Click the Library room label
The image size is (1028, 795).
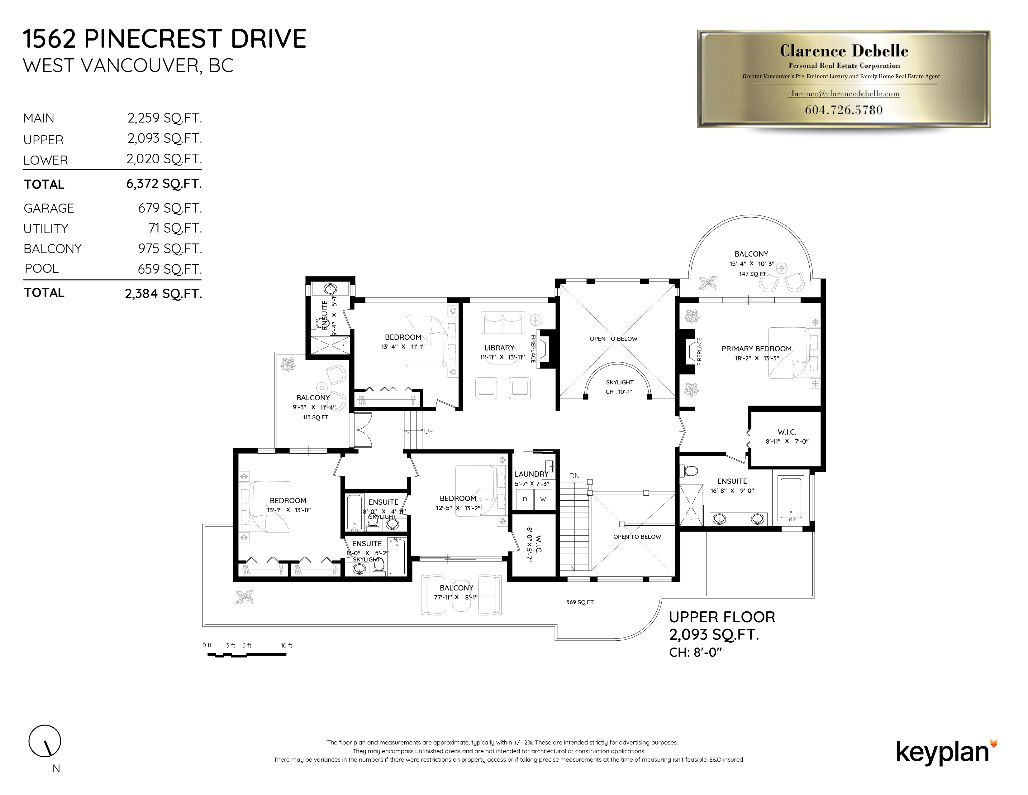coord(499,348)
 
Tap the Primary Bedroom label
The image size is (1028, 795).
coord(756,349)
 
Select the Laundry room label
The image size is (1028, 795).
coord(531,474)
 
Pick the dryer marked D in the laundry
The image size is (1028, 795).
coord(525,499)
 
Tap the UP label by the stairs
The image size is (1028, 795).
coord(428,431)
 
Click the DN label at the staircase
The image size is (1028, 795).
coord(574,476)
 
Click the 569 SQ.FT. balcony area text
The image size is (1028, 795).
coord(580,602)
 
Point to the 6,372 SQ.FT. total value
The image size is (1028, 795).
coord(163,184)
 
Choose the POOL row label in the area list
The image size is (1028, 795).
coord(42,268)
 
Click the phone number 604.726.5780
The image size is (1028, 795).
coord(844,110)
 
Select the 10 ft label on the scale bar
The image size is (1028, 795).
coord(286,645)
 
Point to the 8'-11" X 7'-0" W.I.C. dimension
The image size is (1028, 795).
coord(787,441)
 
